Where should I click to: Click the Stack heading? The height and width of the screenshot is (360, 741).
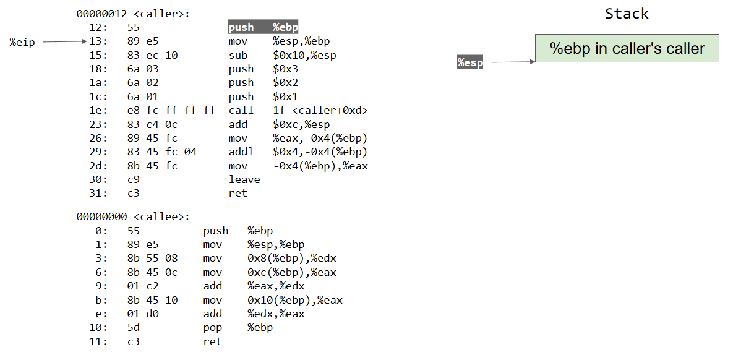627,14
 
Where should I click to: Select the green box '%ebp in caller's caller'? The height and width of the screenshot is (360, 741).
627,48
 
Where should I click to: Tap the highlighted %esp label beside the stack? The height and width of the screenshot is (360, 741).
470,62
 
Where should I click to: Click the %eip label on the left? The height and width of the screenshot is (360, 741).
23,41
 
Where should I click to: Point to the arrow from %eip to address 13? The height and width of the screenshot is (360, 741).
65,41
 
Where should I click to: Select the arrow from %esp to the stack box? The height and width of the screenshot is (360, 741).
511,62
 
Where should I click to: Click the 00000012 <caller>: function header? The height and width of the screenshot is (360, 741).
133,14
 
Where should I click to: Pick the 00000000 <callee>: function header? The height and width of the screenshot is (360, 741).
133,216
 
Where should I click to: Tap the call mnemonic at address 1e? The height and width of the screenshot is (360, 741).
241,110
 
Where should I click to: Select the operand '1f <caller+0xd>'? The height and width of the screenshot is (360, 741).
320,110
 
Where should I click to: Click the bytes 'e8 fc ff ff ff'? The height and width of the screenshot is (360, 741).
171,110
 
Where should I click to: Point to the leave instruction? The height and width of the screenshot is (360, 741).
244,179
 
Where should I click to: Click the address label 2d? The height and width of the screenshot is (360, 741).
98,166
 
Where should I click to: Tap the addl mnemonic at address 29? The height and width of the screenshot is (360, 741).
241,152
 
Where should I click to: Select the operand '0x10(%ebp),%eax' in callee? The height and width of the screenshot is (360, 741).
294,300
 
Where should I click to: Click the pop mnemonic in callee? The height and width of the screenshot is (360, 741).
212,328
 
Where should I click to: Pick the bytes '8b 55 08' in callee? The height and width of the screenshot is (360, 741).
152,259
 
